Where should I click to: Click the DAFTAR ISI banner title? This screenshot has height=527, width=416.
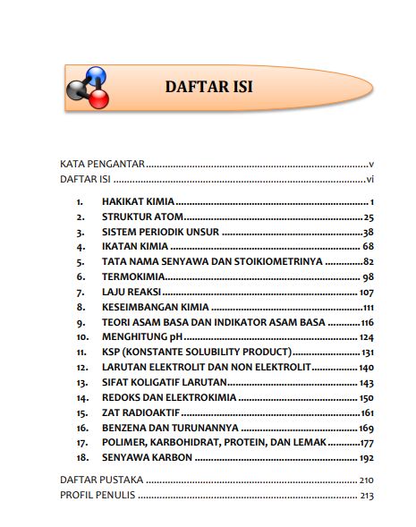(x=209, y=87)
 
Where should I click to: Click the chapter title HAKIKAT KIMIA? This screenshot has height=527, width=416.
(x=138, y=201)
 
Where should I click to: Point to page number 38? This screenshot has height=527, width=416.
(x=367, y=232)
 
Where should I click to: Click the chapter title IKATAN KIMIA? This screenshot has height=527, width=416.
(x=134, y=246)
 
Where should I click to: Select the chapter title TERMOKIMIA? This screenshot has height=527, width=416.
(x=131, y=276)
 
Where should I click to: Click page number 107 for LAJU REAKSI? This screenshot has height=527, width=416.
(x=365, y=292)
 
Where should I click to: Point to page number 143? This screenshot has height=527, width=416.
(x=365, y=382)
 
